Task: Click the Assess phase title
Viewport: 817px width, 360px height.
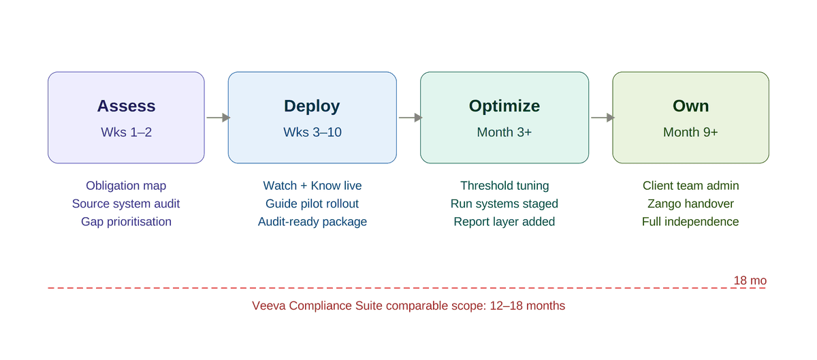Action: [126, 106]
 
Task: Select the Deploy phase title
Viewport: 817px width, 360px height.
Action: [312, 106]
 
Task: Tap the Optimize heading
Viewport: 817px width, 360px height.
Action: [504, 106]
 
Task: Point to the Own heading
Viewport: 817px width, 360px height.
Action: [690, 106]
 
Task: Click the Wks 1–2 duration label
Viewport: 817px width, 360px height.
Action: [126, 132]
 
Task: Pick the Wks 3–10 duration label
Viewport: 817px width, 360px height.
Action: [312, 132]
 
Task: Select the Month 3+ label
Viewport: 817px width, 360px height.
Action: [504, 132]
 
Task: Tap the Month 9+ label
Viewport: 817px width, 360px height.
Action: [690, 132]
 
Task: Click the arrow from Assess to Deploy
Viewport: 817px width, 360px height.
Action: [217, 118]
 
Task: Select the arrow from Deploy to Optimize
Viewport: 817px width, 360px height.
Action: [409, 118]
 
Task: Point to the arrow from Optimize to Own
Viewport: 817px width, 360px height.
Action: [602, 118]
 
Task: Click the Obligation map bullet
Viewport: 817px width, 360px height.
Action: [126, 186]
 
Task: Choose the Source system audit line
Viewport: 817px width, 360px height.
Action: [126, 203]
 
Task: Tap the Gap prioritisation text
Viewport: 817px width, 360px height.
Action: [126, 222]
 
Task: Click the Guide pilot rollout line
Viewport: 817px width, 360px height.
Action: [312, 203]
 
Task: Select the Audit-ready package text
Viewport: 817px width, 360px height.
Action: [312, 222]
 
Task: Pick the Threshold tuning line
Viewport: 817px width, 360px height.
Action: [504, 186]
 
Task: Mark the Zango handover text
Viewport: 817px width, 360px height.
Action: [690, 203]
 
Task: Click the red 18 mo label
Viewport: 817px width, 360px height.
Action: [750, 280]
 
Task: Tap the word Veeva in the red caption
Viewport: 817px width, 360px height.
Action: [269, 306]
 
